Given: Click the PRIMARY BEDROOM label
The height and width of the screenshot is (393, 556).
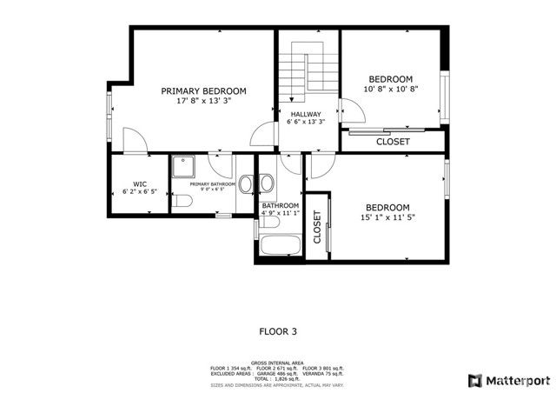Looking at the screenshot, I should click(203, 90).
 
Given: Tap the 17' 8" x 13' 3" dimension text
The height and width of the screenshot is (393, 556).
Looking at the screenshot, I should click(203, 101).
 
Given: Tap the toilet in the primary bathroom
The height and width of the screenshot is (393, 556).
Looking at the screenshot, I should click(182, 202).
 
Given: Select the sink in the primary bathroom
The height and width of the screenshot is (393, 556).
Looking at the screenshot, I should click(246, 184).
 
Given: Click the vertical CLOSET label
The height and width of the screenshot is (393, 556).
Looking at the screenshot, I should click(317, 228).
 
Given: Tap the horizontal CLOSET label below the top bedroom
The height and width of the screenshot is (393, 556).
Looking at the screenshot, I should click(393, 141).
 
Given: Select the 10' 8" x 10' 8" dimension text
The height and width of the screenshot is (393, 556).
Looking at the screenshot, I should click(390, 89).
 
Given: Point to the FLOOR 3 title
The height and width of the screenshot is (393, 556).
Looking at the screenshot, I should click(278, 330).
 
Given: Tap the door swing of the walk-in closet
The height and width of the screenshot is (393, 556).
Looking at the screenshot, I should click(132, 139).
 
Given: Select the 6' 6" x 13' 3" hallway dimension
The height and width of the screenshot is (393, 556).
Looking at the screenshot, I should click(305, 123).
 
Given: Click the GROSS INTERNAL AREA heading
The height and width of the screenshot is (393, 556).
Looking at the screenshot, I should click(278, 362).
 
